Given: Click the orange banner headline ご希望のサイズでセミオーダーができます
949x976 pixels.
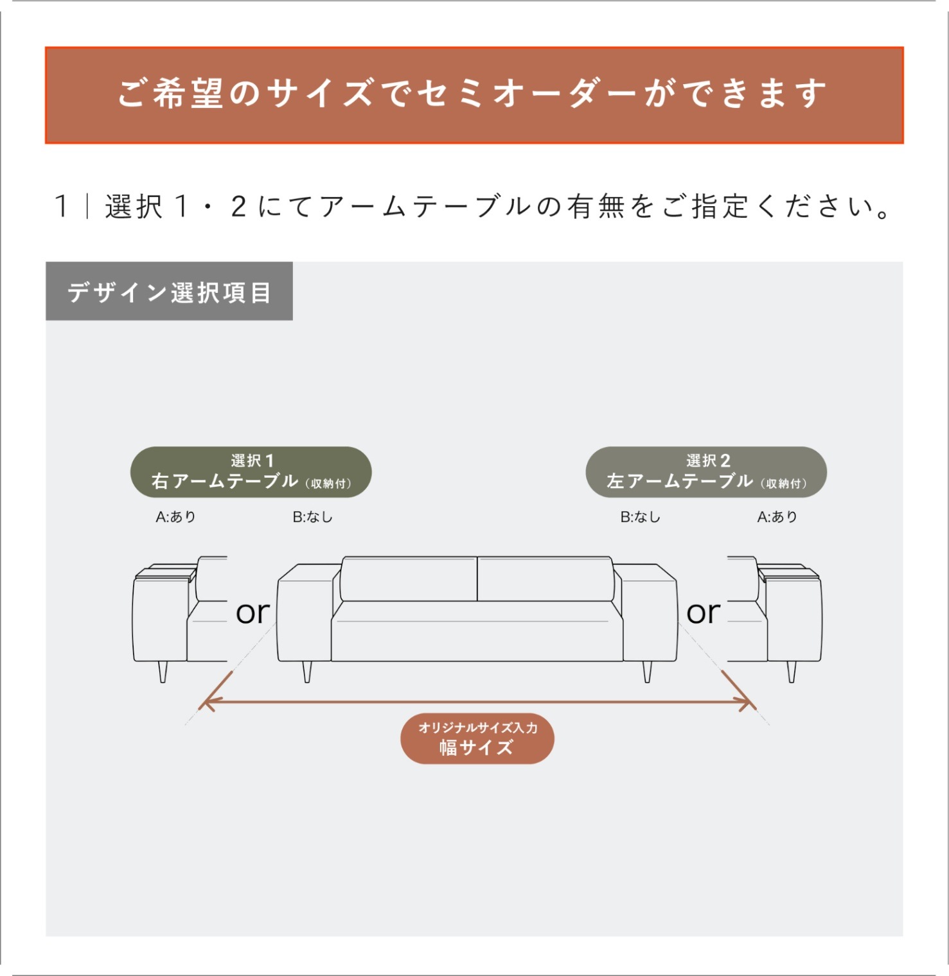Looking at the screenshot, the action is (473, 94).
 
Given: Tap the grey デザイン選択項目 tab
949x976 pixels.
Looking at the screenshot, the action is (169, 292).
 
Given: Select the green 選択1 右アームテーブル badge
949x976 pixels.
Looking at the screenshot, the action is (251, 472).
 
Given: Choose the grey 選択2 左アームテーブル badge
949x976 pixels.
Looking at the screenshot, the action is (706, 472).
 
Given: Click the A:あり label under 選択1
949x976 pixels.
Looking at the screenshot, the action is (175, 517).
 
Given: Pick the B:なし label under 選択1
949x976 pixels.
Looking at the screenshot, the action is (313, 517).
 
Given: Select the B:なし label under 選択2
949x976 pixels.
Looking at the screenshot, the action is (640, 517).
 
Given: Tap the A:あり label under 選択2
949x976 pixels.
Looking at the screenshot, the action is (777, 517).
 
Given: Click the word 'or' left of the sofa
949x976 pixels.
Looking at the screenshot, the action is (253, 613).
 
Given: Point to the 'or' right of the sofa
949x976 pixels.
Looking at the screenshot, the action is (704, 613).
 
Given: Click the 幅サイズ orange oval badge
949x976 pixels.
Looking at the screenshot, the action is (477, 738).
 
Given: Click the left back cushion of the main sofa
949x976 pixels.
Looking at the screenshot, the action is (409, 579).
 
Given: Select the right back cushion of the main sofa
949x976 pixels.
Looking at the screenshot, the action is (545, 579).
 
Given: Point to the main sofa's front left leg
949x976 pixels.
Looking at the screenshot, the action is (307, 672).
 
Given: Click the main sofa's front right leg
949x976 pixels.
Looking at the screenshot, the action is (647, 672).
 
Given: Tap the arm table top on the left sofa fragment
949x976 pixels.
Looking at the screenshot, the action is (166, 571).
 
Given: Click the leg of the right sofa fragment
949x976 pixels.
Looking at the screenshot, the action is (792, 672).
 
